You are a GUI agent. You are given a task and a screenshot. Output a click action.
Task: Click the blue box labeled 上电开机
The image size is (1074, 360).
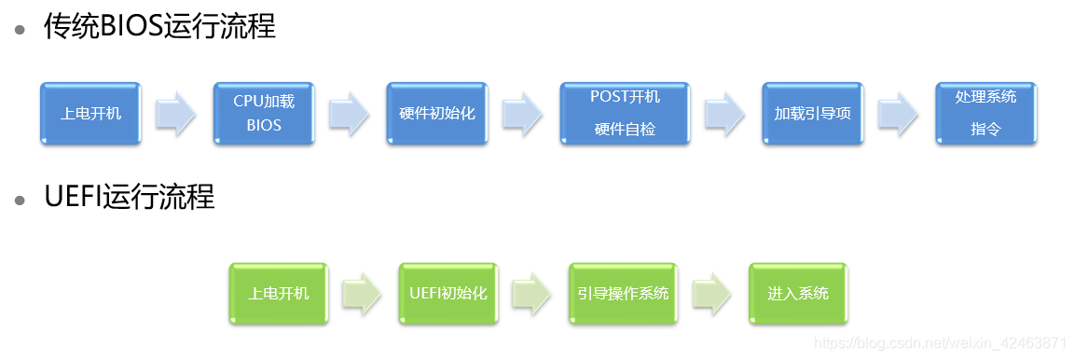tap(90, 114)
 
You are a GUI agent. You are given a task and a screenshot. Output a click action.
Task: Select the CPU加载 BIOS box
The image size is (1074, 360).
tap(264, 114)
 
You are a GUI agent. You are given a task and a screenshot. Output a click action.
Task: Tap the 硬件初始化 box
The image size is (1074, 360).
tap(437, 114)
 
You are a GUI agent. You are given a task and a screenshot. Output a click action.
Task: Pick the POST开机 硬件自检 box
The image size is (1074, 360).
tap(625, 114)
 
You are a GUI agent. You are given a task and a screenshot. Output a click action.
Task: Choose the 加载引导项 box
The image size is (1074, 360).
tap(812, 114)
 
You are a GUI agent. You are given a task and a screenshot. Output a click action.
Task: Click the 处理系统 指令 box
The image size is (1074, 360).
tap(985, 114)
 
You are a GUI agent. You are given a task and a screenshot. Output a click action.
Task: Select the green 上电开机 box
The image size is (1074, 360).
tap(279, 294)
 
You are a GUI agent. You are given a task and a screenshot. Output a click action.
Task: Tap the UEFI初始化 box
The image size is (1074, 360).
tap(448, 294)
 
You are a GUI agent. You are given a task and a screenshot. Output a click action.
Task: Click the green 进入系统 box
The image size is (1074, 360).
tap(798, 294)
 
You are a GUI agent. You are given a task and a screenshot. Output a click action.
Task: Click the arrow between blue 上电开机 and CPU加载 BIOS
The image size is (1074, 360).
tap(176, 114)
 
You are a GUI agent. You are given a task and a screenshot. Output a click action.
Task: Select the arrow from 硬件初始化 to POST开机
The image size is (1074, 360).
tap(523, 114)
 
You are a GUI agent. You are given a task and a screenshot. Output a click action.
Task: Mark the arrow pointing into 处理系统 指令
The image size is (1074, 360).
tap(899, 114)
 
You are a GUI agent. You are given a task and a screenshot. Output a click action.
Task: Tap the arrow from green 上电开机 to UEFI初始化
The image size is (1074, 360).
tap(363, 294)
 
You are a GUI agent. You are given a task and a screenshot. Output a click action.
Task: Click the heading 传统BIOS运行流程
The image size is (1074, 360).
tap(159, 27)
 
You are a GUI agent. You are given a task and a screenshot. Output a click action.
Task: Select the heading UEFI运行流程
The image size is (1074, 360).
tap(130, 198)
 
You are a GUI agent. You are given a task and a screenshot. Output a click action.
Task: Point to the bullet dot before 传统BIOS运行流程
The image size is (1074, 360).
tap(20, 29)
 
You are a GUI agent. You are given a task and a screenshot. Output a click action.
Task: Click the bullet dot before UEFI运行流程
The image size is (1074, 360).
tap(20, 200)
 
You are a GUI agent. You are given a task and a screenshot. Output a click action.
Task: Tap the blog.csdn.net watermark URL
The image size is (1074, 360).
tap(941, 343)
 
